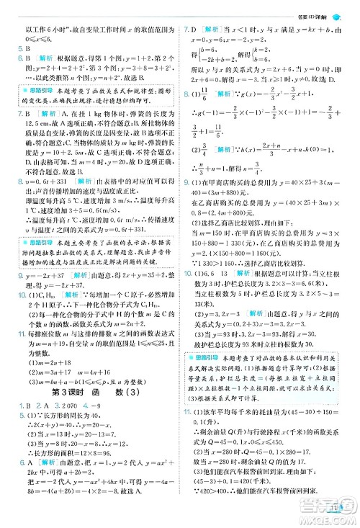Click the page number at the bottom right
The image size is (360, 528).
(x=335, y=512)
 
